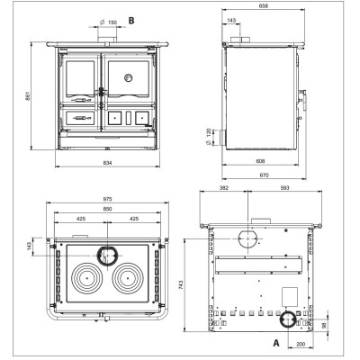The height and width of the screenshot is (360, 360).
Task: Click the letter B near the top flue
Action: pos(131,21)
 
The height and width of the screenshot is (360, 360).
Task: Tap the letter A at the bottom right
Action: pos(276,343)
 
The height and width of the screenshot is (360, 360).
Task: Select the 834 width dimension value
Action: pos(107,163)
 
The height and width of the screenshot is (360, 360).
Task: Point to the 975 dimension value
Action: pos(107,199)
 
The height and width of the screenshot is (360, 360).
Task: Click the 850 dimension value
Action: pos(107,209)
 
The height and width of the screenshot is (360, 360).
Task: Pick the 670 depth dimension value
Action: pos(264,175)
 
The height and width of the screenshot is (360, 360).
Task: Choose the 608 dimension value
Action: pos(260,161)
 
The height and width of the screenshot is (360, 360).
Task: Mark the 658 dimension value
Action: pos(264,5)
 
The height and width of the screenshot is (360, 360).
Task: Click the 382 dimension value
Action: pos(224,188)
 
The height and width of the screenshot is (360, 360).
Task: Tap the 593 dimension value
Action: pos(284,188)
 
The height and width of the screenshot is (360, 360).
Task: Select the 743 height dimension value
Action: pos(180,285)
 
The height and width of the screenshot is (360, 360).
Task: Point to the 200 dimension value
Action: pos(301,344)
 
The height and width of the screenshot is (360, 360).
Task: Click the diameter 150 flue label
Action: pos(108,22)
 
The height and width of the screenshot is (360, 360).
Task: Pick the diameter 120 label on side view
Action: pos(209,137)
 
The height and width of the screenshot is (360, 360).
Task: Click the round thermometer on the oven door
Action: pos(129,78)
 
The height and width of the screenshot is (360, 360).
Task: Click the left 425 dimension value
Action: pos(81,219)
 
